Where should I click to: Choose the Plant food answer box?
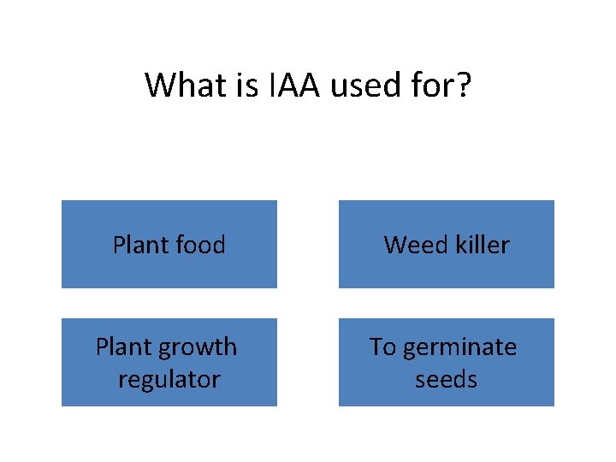[169, 245]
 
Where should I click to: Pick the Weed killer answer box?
[447, 245]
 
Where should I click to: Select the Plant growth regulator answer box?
[169, 362]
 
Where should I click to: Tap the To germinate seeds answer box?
[447, 362]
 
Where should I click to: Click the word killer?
[480, 245]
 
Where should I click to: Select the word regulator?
[169, 378]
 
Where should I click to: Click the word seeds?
[446, 378]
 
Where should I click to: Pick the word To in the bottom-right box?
[382, 347]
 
